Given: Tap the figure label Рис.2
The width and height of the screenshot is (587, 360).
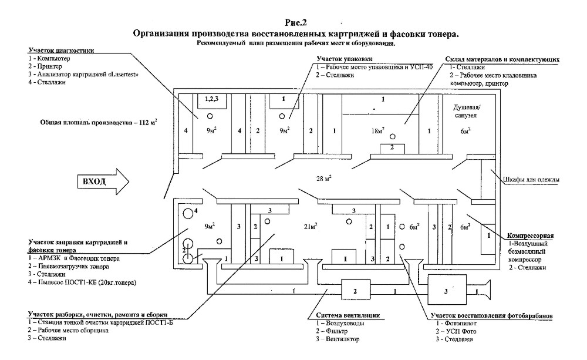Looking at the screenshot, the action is [x=296, y=22].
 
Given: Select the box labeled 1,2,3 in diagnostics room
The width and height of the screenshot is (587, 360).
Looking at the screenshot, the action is [x=212, y=101].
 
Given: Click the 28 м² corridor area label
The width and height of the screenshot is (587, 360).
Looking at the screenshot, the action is [x=323, y=179].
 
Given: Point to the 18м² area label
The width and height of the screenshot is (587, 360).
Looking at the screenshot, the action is [x=377, y=131].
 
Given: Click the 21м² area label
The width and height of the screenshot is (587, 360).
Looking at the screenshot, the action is [x=311, y=227].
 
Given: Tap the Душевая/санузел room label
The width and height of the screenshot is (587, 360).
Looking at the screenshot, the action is [x=466, y=111].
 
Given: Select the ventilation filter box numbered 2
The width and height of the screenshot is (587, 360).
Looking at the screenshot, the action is [x=355, y=291].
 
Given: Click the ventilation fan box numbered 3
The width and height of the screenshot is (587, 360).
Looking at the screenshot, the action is [x=447, y=291].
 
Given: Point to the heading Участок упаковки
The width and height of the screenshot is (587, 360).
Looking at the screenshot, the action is [x=345, y=59].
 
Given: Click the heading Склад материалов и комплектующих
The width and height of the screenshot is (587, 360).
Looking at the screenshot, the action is [x=502, y=59].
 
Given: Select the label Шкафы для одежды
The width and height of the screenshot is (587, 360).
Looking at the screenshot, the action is [x=531, y=180].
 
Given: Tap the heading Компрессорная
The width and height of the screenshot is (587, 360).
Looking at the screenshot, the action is [x=530, y=236].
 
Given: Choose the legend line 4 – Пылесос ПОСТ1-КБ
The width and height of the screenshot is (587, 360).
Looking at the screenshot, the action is [x=82, y=282].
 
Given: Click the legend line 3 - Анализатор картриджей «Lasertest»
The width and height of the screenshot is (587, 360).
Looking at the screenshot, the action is [x=83, y=74].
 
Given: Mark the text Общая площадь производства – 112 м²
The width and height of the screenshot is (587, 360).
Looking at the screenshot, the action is [x=99, y=123].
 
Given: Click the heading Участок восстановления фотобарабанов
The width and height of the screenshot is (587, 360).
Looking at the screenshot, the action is [x=491, y=316].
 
